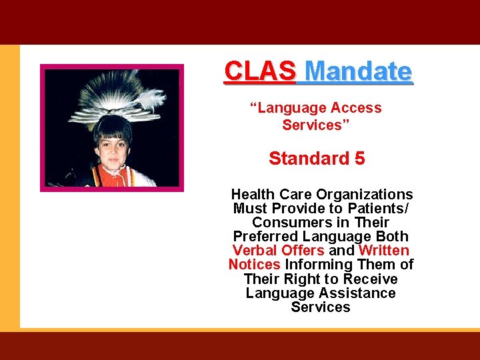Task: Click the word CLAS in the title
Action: point(259,70)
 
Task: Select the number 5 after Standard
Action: point(360,159)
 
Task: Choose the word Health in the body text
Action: point(253,195)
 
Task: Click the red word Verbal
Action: point(254,251)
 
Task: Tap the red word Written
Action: point(383,251)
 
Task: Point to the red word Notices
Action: point(254,265)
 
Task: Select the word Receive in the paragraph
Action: point(369,279)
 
